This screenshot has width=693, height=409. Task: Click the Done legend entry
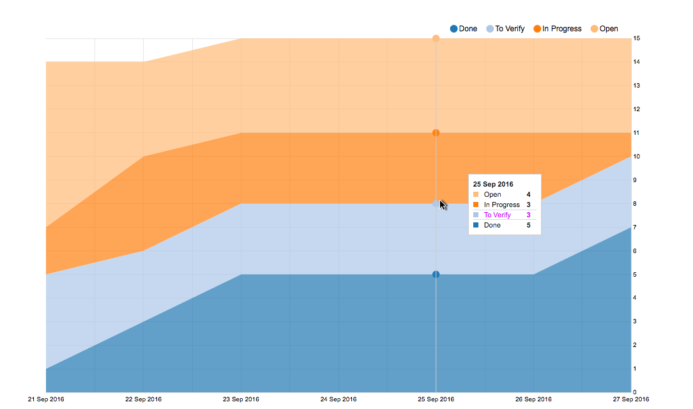pyautogui.click(x=464, y=29)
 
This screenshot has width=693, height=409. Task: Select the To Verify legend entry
pyautogui.click(x=505, y=29)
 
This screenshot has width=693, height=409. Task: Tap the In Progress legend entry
pyautogui.click(x=558, y=29)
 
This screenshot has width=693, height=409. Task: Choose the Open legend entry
pyautogui.click(x=604, y=29)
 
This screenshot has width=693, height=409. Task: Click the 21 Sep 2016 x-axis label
pyautogui.click(x=46, y=399)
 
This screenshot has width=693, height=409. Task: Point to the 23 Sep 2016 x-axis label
pyautogui.click(x=241, y=399)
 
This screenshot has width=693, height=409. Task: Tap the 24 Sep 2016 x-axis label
pyautogui.click(x=339, y=399)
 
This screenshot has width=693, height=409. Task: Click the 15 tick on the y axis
pyautogui.click(x=637, y=38)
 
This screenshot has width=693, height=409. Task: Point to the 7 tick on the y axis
pyautogui.click(x=636, y=228)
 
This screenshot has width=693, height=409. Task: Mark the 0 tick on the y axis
pyautogui.click(x=636, y=392)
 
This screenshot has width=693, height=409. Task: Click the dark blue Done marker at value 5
pyautogui.click(x=436, y=275)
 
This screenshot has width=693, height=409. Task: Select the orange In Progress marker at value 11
pyautogui.click(x=436, y=133)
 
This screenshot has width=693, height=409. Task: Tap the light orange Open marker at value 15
pyautogui.click(x=436, y=38)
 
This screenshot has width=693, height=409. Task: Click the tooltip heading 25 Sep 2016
pyautogui.click(x=493, y=184)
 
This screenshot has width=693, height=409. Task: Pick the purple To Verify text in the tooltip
pyautogui.click(x=498, y=215)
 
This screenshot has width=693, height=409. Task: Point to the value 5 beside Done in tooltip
pyautogui.click(x=528, y=225)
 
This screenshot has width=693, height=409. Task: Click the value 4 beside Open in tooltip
pyautogui.click(x=528, y=194)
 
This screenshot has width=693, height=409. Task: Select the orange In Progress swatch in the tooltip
pyautogui.click(x=476, y=204)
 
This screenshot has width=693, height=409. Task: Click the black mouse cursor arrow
pyautogui.click(x=443, y=204)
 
